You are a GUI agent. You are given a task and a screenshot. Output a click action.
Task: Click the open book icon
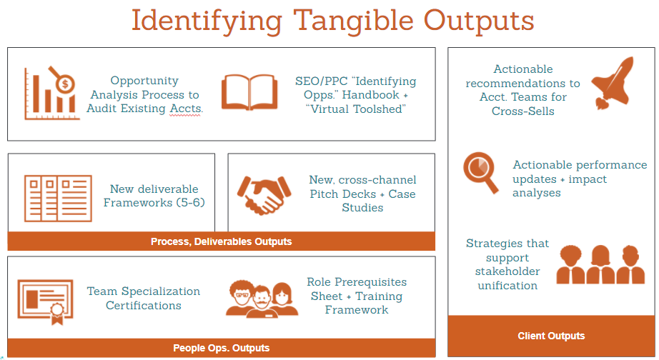click(249, 92)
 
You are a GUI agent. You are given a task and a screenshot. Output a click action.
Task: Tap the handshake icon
click(264, 195)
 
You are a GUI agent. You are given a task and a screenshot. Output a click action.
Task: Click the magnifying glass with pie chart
click(481, 172)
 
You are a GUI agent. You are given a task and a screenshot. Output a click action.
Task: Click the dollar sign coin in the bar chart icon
click(65, 84)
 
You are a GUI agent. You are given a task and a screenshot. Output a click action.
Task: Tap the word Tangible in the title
click(354, 21)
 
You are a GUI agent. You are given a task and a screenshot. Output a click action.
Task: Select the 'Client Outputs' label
click(551, 336)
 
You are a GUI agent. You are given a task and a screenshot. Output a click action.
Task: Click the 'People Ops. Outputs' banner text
click(221, 348)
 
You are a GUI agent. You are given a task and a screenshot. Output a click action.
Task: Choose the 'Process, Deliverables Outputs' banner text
click(221, 241)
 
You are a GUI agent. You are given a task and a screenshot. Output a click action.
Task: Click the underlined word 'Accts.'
click(186, 109)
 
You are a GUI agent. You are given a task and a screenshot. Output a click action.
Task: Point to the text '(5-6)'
click(190, 202)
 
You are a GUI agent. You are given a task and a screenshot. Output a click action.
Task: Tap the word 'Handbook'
click(371, 95)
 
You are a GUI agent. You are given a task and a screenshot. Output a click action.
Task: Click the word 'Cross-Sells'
click(522, 111)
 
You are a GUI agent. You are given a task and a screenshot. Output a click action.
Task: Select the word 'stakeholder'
click(507, 271)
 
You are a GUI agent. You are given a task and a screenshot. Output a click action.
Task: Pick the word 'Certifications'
click(144, 306)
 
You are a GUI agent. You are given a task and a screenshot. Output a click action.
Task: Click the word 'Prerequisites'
click(370, 282)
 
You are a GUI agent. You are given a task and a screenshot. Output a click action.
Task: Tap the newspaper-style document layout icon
click(58, 199)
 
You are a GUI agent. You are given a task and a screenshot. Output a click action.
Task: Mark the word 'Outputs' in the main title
click(479, 21)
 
